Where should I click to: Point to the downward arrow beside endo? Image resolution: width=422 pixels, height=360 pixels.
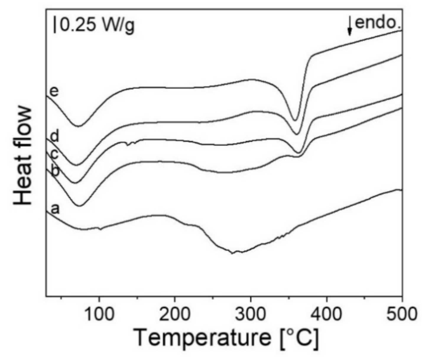(x=350, y=26)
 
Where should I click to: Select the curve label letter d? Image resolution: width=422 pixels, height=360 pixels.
(x=55, y=137)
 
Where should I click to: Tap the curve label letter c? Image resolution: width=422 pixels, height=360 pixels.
(x=54, y=154)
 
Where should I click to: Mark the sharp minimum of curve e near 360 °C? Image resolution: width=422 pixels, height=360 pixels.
(x=295, y=120)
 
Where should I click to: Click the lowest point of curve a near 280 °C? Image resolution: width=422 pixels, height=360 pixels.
(x=232, y=253)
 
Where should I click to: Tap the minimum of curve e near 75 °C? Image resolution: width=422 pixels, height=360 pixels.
(x=78, y=126)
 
